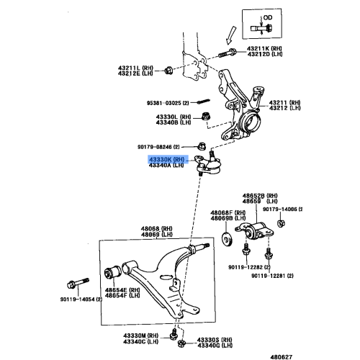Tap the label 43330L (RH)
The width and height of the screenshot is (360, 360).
(171, 116)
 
